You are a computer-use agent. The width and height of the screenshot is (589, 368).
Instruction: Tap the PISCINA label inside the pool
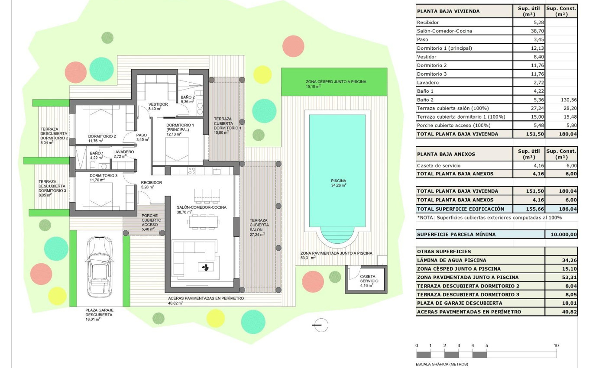pos(338,181)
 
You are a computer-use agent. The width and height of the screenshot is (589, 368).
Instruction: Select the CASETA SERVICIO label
pos(368,278)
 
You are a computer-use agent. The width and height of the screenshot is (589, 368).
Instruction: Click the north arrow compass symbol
pos(320,325)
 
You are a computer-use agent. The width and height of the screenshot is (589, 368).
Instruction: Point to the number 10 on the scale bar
pos(556,345)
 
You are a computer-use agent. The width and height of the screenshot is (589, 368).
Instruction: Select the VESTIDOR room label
pos(158,104)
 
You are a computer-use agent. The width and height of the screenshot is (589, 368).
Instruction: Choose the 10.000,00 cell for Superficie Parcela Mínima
pos(561,235)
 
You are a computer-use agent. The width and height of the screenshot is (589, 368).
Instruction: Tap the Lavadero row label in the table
pos(427,83)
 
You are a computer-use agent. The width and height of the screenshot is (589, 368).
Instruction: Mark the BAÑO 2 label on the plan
pos(187,97)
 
